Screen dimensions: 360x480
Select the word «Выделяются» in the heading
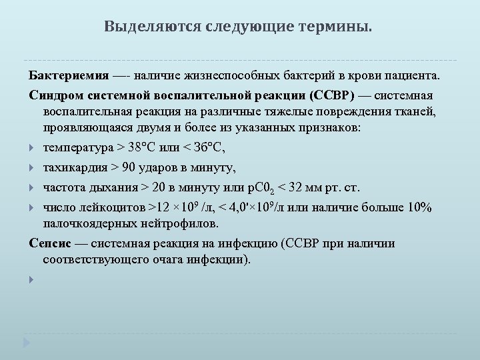[139, 27]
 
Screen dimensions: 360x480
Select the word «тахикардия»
[74, 167]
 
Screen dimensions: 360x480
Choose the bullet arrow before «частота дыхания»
[33, 188]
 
